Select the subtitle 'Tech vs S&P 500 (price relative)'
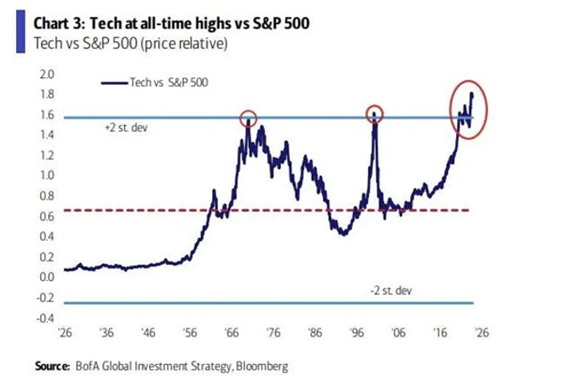point(129,43)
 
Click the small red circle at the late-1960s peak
point(248,117)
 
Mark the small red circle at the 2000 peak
point(375,113)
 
